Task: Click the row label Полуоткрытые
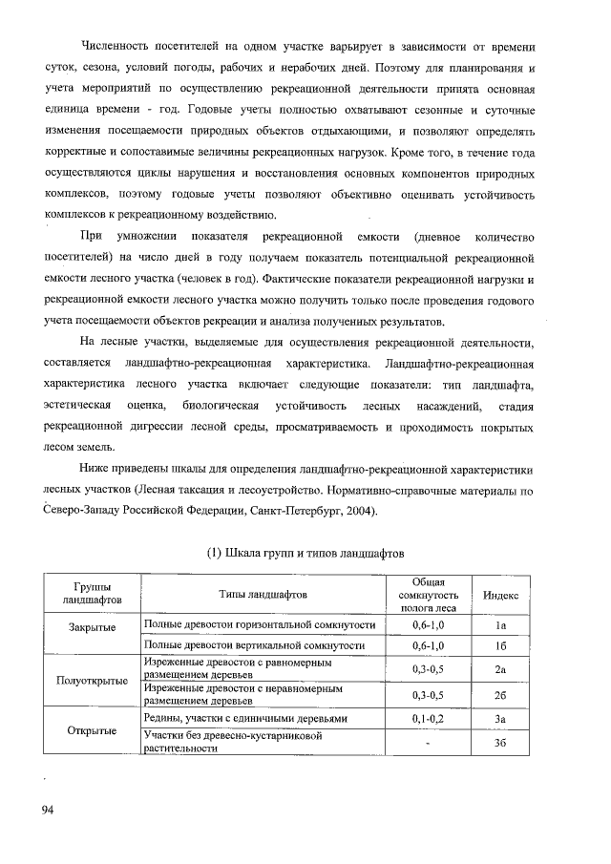click(92, 682)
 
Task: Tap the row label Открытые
click(92, 731)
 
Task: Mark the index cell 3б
click(500, 743)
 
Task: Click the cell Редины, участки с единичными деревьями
click(245, 718)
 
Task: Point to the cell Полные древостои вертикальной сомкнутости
click(254, 646)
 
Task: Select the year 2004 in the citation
click(359, 511)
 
